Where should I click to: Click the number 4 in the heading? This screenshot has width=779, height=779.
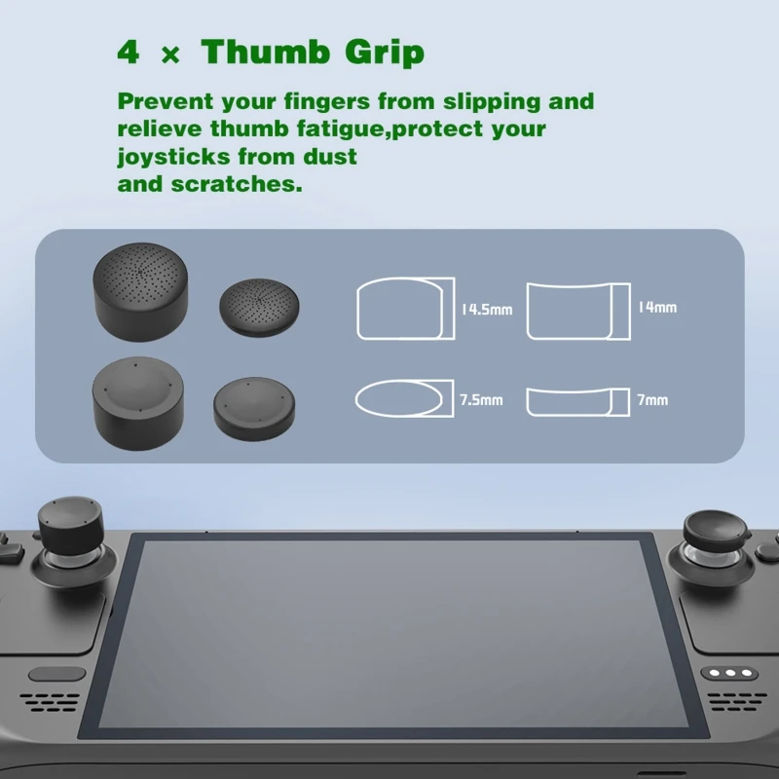(x=128, y=52)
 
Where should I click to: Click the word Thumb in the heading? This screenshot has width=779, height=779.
(x=260, y=52)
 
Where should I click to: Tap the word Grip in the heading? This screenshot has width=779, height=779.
(x=383, y=54)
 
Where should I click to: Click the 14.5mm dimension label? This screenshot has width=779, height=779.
(x=487, y=310)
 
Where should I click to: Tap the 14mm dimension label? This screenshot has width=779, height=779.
(x=657, y=307)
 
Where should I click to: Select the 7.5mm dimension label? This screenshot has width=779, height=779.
(x=481, y=399)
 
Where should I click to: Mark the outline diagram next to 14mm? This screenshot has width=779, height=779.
(x=578, y=310)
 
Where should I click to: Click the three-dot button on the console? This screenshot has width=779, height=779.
(x=732, y=673)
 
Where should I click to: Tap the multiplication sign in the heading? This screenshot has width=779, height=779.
(x=169, y=56)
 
